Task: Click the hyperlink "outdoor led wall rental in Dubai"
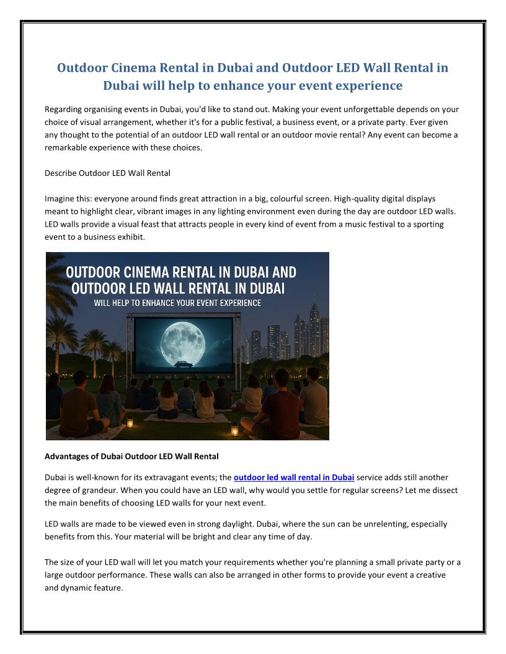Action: (x=294, y=477)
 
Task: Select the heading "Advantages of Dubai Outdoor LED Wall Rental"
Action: (x=131, y=457)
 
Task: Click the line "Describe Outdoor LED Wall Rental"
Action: (x=107, y=173)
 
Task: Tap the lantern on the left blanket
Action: (x=130, y=423)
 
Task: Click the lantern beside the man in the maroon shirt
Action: (x=234, y=429)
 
